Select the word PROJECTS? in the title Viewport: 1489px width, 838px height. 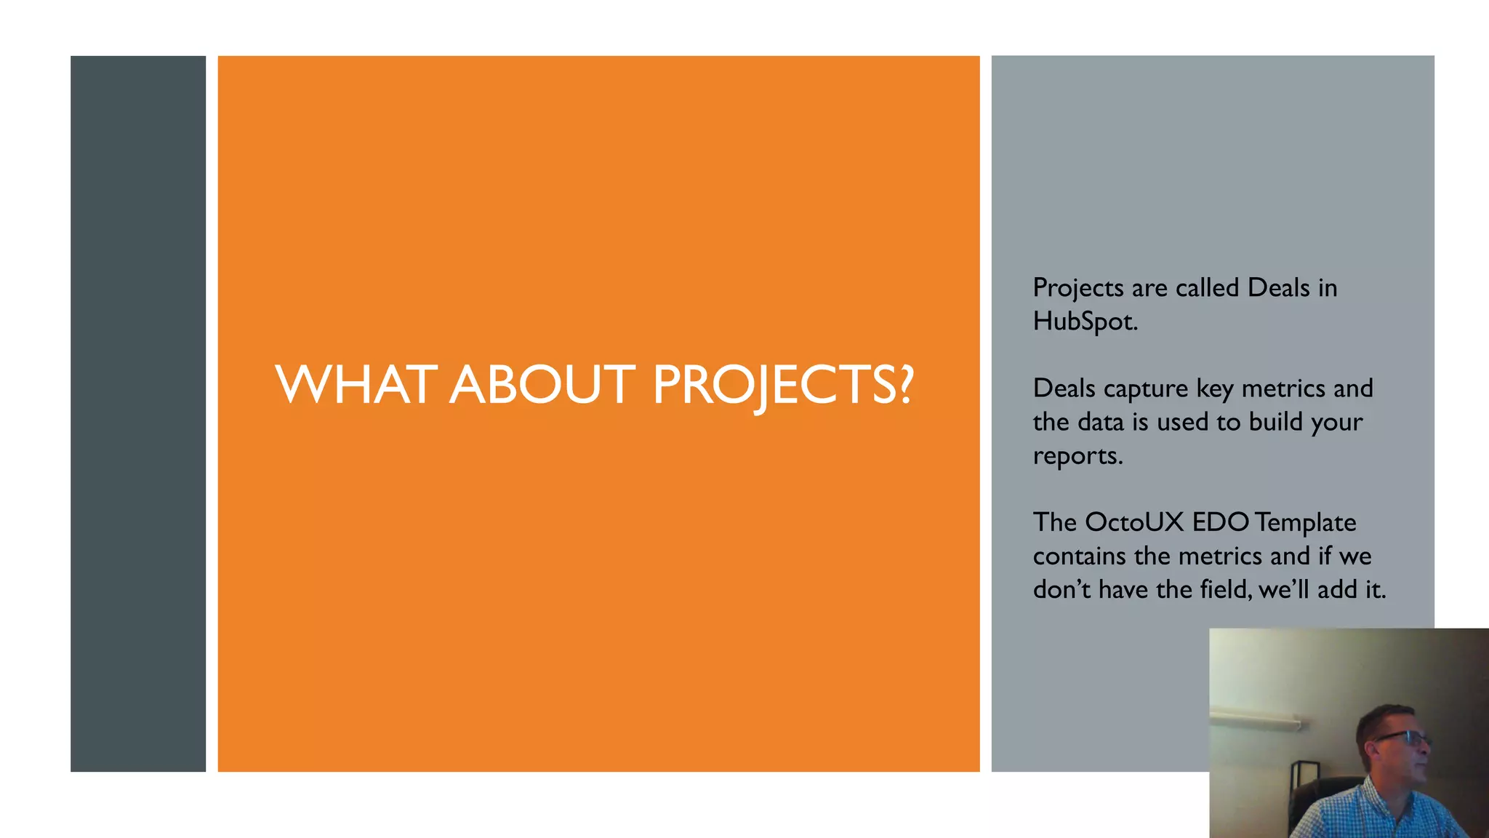[x=782, y=386]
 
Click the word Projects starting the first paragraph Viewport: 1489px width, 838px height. [x=1078, y=288]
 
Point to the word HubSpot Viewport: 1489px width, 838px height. [x=1085, y=322]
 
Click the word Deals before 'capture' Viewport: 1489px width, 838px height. [x=1064, y=388]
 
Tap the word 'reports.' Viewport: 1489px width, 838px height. [x=1077, y=456]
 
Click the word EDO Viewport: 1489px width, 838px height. [x=1221, y=522]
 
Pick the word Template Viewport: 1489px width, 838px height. [x=1305, y=523]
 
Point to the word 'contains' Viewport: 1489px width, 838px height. [x=1079, y=556]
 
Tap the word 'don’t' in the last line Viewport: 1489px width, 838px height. [x=1061, y=589]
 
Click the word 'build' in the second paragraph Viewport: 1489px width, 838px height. [x=1275, y=422]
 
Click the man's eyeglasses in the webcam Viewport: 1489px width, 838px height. [x=1403, y=738]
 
